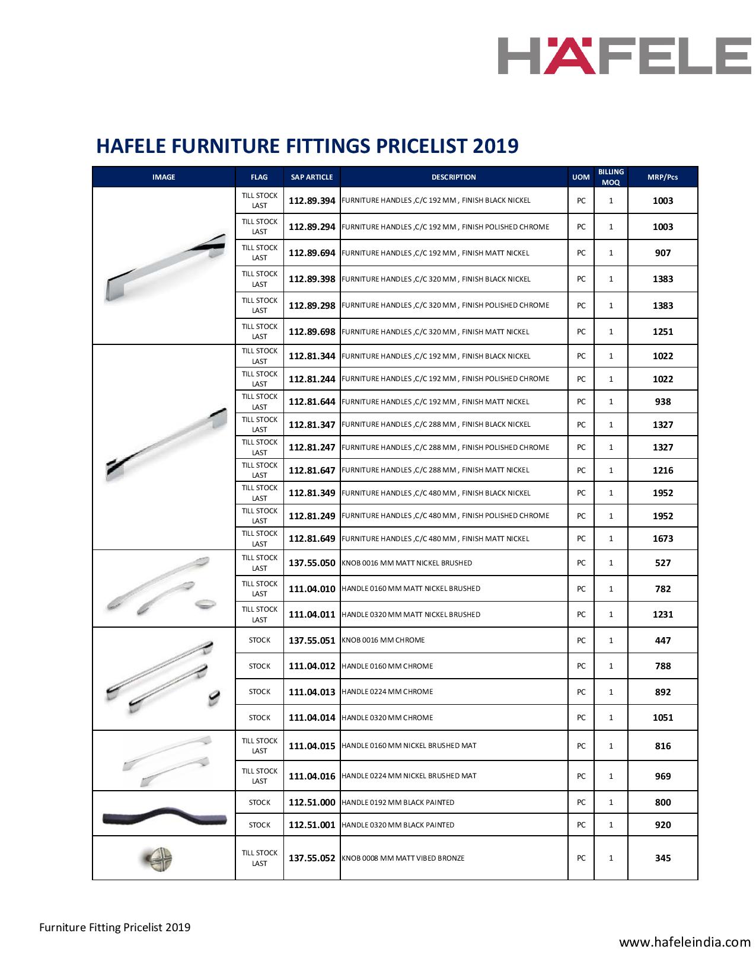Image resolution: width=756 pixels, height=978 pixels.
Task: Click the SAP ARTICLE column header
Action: tap(312, 177)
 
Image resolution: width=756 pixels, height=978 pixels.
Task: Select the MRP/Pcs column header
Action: tap(662, 177)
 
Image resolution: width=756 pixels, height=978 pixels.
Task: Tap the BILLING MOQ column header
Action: tap(611, 177)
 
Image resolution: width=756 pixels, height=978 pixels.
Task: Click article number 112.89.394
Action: tap(312, 201)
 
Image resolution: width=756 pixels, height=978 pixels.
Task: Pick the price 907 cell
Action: tap(662, 253)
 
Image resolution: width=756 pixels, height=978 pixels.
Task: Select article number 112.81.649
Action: tap(312, 539)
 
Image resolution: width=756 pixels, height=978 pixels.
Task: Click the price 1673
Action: tap(662, 539)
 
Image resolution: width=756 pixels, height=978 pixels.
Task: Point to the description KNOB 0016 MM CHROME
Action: tap(383, 641)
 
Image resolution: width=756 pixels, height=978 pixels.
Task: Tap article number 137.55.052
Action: tap(312, 858)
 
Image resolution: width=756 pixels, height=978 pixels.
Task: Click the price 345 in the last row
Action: tap(662, 858)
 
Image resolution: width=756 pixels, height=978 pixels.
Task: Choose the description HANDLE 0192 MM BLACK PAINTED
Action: tap(398, 803)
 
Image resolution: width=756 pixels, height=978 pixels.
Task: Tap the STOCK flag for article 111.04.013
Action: tap(259, 692)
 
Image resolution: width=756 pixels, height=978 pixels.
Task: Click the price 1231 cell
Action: tap(662, 615)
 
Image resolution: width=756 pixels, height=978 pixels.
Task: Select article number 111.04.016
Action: tap(312, 776)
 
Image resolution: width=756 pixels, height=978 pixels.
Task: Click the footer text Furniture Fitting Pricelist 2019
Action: tap(115, 927)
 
